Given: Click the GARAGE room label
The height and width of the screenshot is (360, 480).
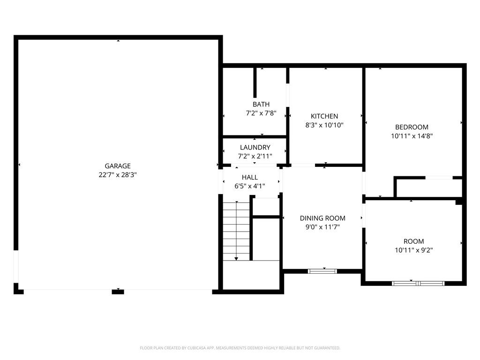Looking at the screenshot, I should (x=118, y=166).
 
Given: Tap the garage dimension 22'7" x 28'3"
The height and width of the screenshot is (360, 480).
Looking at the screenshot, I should (x=118, y=174).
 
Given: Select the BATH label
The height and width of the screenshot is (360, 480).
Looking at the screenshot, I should (x=261, y=105).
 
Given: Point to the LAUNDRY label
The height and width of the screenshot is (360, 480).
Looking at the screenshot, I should (x=255, y=148).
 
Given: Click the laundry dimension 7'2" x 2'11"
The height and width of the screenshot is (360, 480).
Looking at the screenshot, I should (x=255, y=156).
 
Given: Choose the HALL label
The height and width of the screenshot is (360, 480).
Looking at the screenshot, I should (x=250, y=177).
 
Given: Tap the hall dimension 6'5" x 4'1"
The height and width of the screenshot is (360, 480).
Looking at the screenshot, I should (x=250, y=186).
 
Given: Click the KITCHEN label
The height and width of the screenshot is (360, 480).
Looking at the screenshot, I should (x=324, y=116).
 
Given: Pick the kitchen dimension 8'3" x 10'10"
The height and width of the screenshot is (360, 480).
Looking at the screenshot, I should (x=324, y=125).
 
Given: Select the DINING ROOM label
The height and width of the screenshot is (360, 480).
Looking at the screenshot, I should (x=322, y=218).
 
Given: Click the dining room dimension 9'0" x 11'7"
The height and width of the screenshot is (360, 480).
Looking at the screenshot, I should (x=322, y=227).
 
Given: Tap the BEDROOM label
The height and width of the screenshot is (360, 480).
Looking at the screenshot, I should (x=412, y=127).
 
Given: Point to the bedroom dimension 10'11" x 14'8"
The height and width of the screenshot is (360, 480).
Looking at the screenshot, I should (x=412, y=136).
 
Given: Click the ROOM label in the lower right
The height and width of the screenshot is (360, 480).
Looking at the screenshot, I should (x=413, y=241).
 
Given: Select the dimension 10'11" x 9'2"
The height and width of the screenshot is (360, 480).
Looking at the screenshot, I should (x=413, y=250).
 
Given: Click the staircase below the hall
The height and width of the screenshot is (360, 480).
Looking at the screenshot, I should (x=236, y=231).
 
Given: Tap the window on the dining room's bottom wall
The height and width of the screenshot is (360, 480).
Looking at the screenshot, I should (x=322, y=271).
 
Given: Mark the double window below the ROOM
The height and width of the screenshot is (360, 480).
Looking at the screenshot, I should (x=418, y=283).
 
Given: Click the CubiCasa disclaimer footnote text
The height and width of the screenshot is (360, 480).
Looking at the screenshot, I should (x=240, y=348).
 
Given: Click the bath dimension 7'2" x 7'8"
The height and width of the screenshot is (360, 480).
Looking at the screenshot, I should (x=261, y=113).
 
